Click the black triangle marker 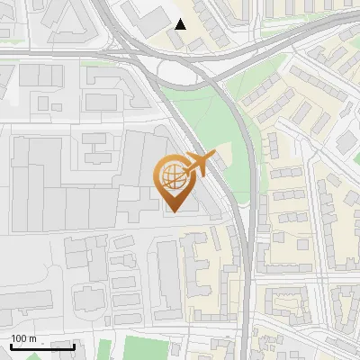tap(181, 24)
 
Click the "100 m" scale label tap(23, 338)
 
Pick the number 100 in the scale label tap(19, 338)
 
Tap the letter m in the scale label tap(32, 338)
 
